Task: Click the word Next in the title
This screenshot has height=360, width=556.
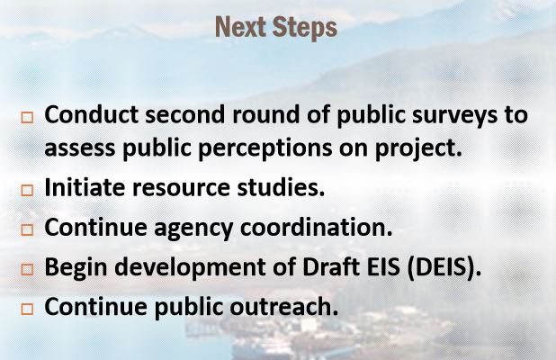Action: pos(240,27)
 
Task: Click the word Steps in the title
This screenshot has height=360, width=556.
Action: pos(305,28)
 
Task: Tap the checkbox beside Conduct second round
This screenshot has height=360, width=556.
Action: pos(27,117)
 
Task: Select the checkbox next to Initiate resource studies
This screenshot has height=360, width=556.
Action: pos(27,191)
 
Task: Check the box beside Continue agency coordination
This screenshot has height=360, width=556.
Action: pos(27,229)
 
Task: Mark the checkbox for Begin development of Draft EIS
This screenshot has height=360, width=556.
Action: pos(27,270)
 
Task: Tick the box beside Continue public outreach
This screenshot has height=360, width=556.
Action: pos(27,309)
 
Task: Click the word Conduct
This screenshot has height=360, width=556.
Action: pos(91,114)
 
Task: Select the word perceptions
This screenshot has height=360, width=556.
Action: pos(265,149)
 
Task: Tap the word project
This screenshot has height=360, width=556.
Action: pos(418,149)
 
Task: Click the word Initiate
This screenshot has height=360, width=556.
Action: pos(85,187)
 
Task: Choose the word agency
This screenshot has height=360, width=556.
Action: pos(193,229)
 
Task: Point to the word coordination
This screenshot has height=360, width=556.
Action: pos(317,227)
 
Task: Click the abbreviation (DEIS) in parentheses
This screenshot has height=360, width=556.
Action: pos(444,267)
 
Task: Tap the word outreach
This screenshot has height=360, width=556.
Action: pos(283,306)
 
